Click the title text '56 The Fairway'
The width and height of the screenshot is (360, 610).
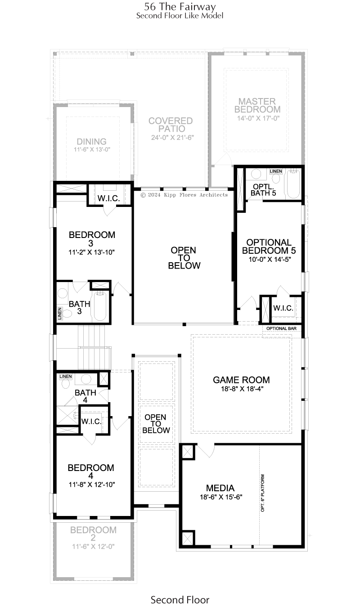[180, 7]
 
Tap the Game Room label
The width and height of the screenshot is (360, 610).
[241, 380]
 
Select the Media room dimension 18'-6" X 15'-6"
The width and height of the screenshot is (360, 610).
[221, 497]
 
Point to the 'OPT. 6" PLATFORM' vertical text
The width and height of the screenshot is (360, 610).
[262, 493]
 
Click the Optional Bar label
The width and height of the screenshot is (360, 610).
[281, 328]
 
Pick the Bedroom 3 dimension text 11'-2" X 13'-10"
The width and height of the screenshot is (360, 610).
[91, 252]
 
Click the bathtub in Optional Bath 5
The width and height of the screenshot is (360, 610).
[293, 184]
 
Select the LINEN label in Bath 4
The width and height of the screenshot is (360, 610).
[66, 377]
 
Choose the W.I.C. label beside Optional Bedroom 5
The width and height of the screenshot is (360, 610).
[283, 308]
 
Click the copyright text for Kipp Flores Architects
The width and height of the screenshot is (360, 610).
[184, 195]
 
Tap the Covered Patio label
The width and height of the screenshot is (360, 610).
[171, 125]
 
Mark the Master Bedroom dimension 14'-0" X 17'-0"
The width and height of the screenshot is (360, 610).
[258, 118]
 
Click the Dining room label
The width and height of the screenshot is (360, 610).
[91, 142]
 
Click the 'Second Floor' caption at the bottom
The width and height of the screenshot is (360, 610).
[180, 600]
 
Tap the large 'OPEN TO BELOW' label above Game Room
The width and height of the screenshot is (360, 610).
[184, 258]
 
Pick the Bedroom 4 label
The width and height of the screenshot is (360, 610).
[91, 471]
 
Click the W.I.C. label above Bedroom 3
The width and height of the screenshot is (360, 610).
[108, 198]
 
